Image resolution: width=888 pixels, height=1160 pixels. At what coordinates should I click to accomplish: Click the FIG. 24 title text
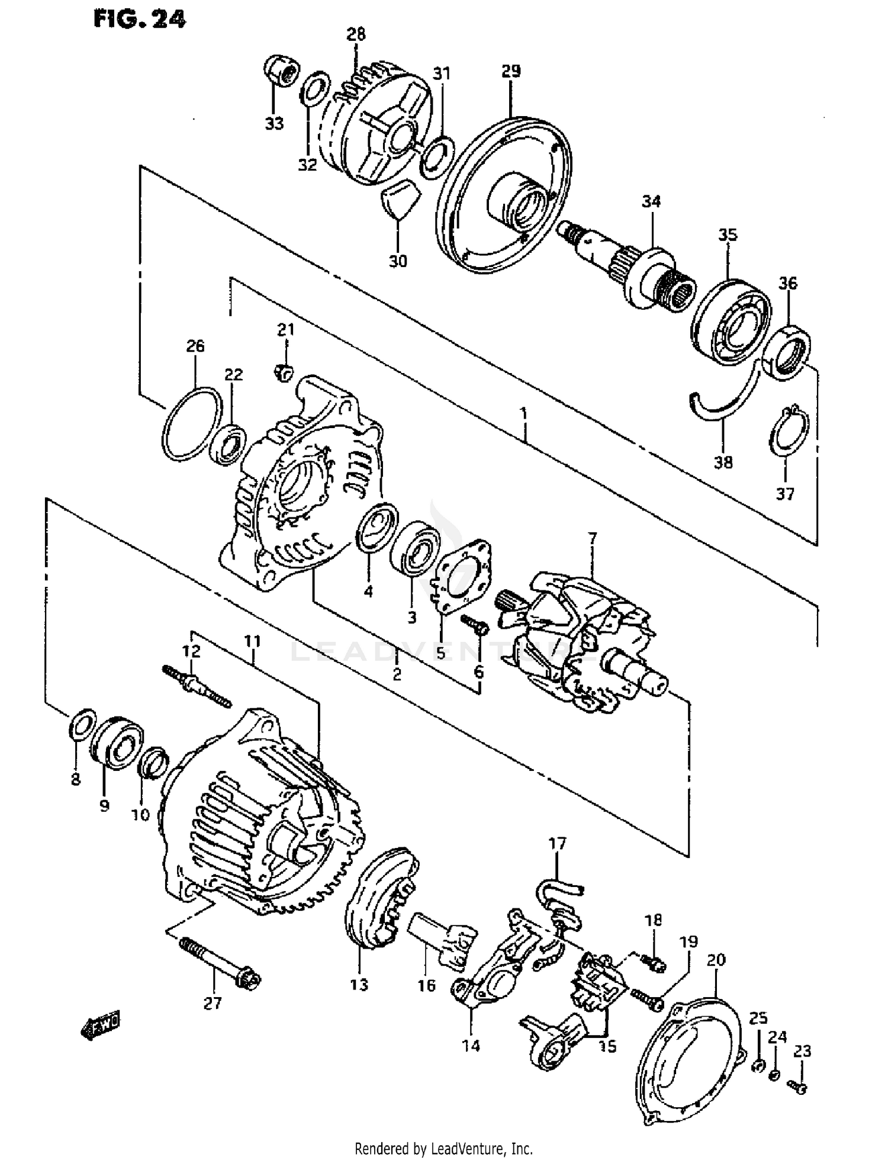click(x=140, y=19)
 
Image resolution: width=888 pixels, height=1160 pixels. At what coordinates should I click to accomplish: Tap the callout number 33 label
click(x=274, y=124)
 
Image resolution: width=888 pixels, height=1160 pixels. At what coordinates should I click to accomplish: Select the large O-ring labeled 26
click(x=192, y=424)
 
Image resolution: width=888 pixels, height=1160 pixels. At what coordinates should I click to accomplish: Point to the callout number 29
click(x=511, y=71)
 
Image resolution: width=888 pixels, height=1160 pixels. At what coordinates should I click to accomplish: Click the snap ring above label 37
click(x=789, y=431)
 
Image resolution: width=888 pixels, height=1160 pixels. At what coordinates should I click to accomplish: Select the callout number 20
click(x=716, y=960)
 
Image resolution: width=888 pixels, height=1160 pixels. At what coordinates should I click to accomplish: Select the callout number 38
click(x=723, y=462)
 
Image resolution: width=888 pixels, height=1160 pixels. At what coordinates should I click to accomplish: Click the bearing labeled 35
click(x=732, y=322)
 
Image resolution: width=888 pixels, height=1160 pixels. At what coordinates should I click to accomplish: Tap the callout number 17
click(x=557, y=843)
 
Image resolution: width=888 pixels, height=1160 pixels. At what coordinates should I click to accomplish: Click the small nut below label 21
click(x=284, y=372)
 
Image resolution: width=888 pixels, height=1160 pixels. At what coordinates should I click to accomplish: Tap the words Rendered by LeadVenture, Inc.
click(x=443, y=1149)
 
